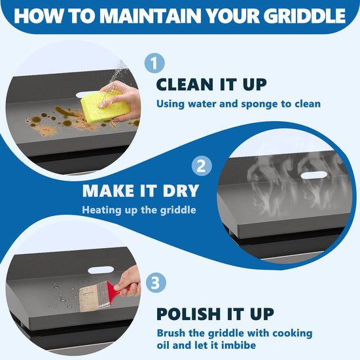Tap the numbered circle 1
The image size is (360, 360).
coord(154,63)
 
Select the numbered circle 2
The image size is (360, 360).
coord(202,166)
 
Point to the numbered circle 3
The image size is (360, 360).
coord(156,282)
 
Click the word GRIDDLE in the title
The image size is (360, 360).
coord(304,16)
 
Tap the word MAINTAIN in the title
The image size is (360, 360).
coord(151,16)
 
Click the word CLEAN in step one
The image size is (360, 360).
coord(186,84)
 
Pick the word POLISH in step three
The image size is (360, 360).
coord(189,314)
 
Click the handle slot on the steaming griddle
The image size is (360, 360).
coord(314,175)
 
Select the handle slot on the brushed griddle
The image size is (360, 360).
coord(101,270)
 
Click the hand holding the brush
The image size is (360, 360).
coord(128,282)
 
